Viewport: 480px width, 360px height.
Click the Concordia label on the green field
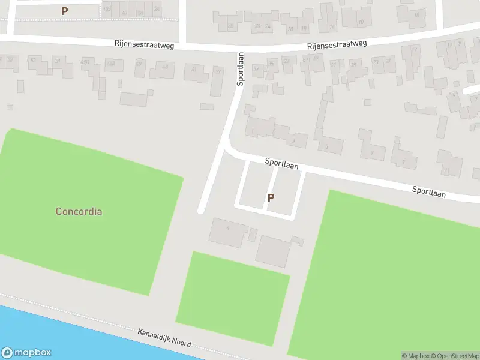(79, 211)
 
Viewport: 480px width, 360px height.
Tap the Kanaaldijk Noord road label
(164, 337)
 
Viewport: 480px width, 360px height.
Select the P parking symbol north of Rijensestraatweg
(64, 11)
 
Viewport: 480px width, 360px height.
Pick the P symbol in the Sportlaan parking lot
(271, 197)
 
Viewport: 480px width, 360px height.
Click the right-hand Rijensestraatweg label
(337, 44)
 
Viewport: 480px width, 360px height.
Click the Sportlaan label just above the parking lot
(282, 164)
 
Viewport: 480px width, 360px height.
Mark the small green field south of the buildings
(233, 297)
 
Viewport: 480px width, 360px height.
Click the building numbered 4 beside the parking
(228, 230)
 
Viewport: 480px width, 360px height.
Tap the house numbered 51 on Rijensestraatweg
(58, 61)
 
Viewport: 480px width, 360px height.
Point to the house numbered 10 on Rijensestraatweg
(361, 22)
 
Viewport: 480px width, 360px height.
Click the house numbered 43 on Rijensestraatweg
(165, 67)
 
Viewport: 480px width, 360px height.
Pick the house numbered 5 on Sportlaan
(326, 146)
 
